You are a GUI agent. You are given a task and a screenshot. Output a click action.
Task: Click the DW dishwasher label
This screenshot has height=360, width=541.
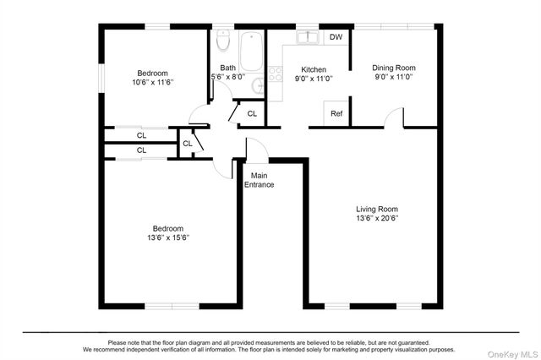(336, 37)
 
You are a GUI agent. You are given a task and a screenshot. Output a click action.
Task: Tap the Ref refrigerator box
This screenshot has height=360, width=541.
(336, 113)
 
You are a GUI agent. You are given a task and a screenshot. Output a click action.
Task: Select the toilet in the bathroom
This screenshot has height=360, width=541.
(223, 41)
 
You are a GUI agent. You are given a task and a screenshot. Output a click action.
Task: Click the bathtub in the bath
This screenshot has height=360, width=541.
(251, 52)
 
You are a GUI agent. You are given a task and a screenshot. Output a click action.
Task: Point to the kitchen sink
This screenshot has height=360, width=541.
(308, 37)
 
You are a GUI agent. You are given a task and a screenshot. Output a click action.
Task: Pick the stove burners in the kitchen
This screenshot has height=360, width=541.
(276, 74)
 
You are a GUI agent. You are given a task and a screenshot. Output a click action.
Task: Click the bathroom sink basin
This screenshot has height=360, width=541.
(258, 86)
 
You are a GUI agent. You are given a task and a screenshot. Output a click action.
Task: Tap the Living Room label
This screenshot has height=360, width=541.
(377, 209)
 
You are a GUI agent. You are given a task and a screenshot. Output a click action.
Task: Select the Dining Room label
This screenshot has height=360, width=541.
(394, 68)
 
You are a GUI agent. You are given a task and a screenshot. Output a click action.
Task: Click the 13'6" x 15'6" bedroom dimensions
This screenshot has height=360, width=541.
(168, 237)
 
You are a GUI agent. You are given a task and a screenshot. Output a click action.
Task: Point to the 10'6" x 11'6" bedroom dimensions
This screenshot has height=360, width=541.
(153, 83)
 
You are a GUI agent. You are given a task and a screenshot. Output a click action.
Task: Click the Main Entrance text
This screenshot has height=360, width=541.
(260, 180)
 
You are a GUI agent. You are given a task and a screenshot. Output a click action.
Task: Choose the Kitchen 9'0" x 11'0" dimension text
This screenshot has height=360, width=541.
(314, 79)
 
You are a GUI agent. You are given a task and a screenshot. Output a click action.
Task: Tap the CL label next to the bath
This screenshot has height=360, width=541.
(252, 113)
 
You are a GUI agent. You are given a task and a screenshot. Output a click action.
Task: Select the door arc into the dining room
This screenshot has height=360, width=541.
(392, 117)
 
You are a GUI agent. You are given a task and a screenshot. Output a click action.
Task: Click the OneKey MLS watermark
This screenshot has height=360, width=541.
(512, 354)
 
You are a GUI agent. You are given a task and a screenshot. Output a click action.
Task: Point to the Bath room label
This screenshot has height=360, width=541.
(227, 68)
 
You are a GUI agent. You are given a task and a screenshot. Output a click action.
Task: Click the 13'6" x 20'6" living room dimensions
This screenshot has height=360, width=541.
(377, 218)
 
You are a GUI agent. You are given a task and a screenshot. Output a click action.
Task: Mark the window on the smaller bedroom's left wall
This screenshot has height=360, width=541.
(101, 79)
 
